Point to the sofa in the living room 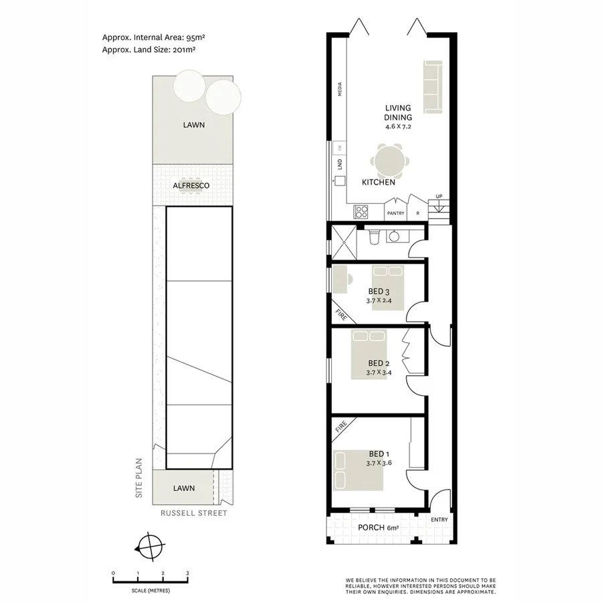(x=433, y=86)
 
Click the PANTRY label (x=396, y=213)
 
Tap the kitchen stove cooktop (x=361, y=211)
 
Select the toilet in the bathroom (x=374, y=237)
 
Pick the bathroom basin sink (x=395, y=236)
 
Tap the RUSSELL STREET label (x=193, y=513)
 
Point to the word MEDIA (x=340, y=89)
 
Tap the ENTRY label (x=439, y=520)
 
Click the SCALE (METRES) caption (x=150, y=591)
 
